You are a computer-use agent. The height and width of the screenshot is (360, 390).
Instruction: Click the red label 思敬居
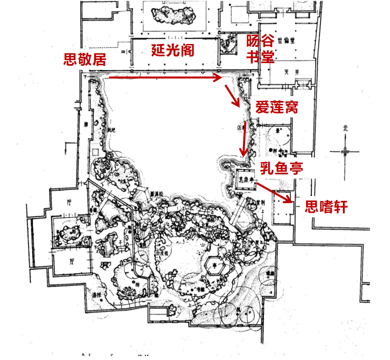85,60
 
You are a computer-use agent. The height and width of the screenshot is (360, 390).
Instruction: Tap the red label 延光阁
173,50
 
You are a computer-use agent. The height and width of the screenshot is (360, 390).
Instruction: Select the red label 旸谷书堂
260,49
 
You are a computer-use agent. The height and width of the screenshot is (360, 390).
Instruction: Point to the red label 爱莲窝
276,107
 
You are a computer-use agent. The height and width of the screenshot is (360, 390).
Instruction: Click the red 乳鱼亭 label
282,168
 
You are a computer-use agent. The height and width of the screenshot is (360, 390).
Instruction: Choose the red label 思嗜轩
326,207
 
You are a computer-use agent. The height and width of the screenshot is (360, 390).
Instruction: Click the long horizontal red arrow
165,78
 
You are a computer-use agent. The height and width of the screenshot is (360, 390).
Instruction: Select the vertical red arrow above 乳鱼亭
244,138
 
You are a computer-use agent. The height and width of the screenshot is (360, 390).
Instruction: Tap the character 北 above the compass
346,128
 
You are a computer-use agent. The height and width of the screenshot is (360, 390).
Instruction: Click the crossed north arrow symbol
345,151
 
